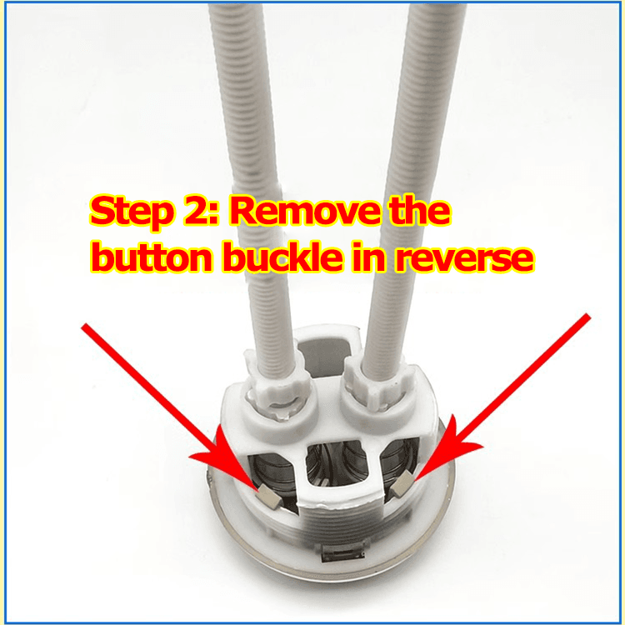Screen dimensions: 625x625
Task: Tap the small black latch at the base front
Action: tap(343, 553)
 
